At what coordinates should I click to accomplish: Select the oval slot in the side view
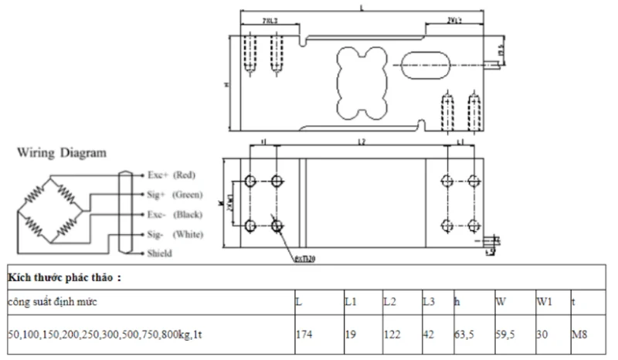pyautogui.click(x=424, y=63)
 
